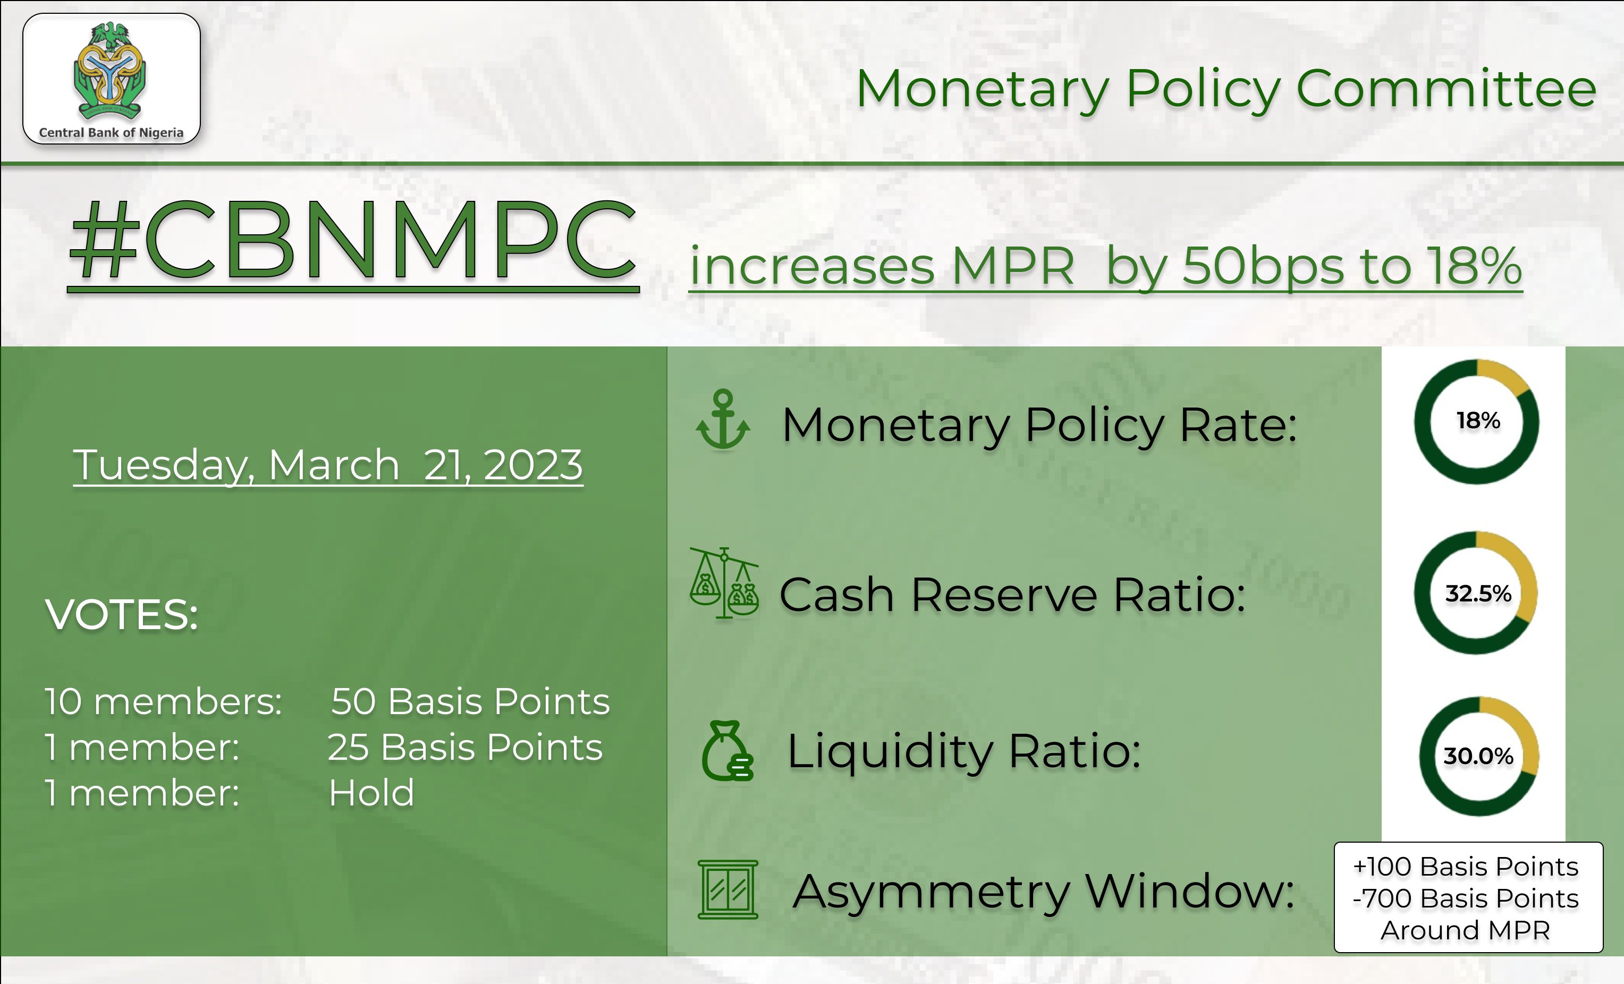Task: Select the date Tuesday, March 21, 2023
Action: pos(327,465)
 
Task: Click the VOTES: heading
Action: pos(122,615)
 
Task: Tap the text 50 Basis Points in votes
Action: pos(470,701)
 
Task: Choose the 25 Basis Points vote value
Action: pos(464,748)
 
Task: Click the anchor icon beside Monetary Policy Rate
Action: pos(723,420)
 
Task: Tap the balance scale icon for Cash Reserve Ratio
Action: pos(724,583)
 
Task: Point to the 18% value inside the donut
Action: pos(1478,420)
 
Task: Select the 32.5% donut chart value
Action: pos(1478,593)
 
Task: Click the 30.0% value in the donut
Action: pos(1478,756)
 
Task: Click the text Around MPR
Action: pos(1466,930)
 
